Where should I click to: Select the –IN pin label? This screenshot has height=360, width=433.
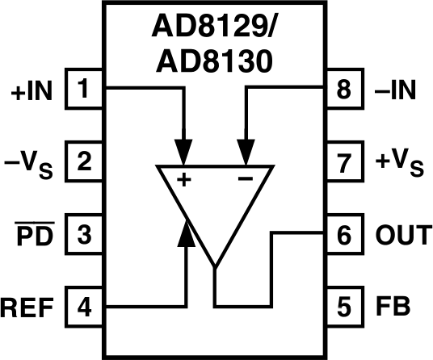pyautogui.click(x=396, y=91)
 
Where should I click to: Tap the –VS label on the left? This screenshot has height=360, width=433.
pyautogui.click(x=30, y=164)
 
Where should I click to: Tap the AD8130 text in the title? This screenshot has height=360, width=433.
pyautogui.click(x=212, y=61)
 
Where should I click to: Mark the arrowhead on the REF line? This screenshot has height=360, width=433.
pyautogui.click(x=187, y=235)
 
